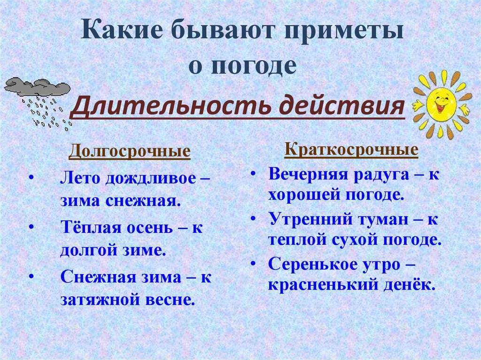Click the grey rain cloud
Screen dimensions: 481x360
click(x=37, y=87)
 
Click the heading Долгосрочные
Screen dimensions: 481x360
click(x=130, y=151)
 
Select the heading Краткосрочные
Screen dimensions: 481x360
click(x=351, y=150)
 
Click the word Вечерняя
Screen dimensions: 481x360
click(x=308, y=175)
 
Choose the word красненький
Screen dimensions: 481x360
click(x=323, y=285)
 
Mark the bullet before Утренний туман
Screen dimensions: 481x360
click(x=253, y=218)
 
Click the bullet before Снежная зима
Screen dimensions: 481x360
click(x=31, y=276)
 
